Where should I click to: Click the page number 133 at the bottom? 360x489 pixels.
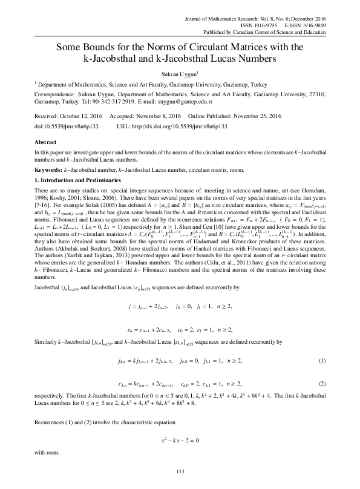tap(179, 471)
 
